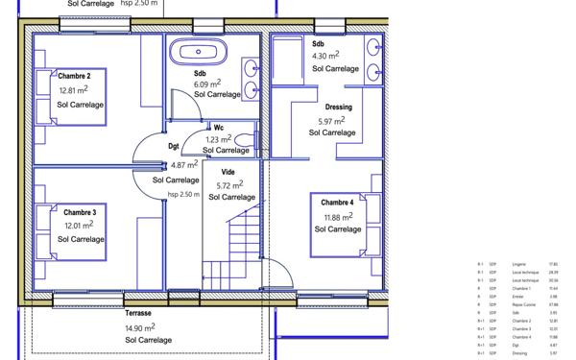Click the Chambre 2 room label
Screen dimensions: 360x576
coord(74,76)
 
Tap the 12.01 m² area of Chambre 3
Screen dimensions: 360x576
coord(79,226)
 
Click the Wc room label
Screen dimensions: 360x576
coord(219,127)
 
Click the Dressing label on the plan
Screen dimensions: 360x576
coord(339,108)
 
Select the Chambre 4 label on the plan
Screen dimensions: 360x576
coord(337,203)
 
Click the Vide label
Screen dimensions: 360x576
coord(228,172)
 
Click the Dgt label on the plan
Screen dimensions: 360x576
coord(174,147)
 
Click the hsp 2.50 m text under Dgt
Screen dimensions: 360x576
coord(183,194)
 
